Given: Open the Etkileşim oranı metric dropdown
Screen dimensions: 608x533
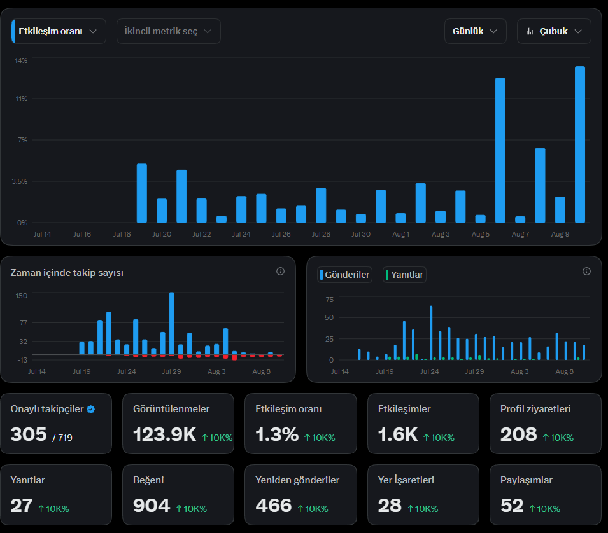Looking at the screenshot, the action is tap(59, 31).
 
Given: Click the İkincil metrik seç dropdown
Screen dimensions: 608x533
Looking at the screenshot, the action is tap(168, 31).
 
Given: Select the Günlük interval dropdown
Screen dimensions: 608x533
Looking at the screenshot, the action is tap(475, 31).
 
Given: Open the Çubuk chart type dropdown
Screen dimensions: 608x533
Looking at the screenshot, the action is tap(554, 31).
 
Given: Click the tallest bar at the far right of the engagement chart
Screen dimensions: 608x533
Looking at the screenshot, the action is tap(580, 144).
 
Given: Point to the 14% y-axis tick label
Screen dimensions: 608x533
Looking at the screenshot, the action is tap(21, 60).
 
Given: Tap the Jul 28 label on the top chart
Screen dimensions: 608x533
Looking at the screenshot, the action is tap(321, 234).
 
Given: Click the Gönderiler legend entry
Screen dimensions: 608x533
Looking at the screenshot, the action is tap(344, 275).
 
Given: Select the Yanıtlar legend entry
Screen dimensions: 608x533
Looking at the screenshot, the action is tap(404, 275).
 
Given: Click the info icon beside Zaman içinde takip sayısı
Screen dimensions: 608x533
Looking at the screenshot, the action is tap(280, 272).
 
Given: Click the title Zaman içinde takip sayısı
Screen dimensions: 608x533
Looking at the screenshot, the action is tap(67, 273).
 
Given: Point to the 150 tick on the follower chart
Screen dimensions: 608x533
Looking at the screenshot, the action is tap(21, 296).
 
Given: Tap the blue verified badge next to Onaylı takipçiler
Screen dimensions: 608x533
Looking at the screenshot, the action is tap(91, 409).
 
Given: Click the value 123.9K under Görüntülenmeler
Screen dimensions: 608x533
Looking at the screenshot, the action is tap(164, 434).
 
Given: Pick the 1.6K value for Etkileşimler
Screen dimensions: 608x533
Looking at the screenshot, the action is tap(398, 434).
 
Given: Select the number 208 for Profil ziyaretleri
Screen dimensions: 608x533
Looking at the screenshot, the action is tap(518, 434).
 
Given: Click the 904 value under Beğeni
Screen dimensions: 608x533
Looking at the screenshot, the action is tap(152, 506).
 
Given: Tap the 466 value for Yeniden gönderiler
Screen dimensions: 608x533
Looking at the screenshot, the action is tap(273, 506).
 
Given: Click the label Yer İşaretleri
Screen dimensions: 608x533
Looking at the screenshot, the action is tap(406, 480).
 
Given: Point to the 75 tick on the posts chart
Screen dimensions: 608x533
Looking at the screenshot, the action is tap(330, 300).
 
